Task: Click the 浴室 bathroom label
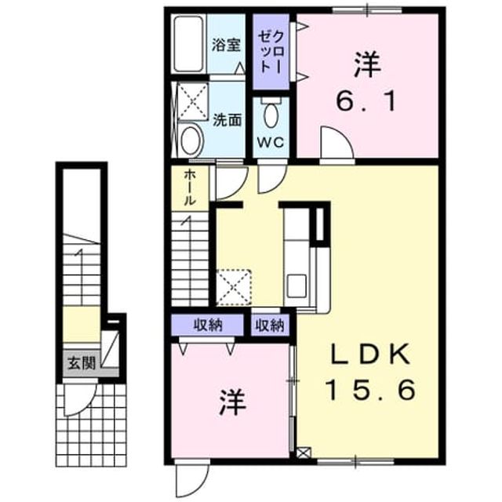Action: point(226,45)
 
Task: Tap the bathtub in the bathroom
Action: point(189,44)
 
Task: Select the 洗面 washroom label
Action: point(227,120)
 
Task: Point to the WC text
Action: point(271,142)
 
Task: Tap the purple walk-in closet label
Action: point(271,52)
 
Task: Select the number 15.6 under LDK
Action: point(370,390)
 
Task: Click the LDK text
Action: point(370,354)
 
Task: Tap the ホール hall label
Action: point(190,187)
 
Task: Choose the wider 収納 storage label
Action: point(208,326)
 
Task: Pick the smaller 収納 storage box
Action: point(270,326)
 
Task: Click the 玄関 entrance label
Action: point(82,363)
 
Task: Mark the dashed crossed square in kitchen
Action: point(234,287)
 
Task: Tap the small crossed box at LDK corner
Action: point(304,453)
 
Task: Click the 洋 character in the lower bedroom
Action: point(233,402)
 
